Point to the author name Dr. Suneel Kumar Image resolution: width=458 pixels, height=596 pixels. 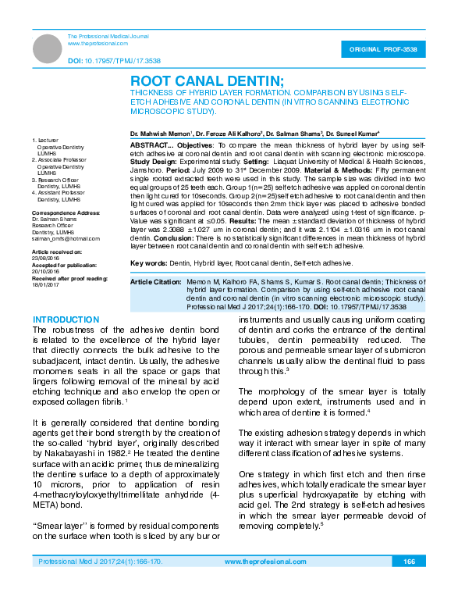point(353,134)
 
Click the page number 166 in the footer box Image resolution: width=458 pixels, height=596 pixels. point(409,562)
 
